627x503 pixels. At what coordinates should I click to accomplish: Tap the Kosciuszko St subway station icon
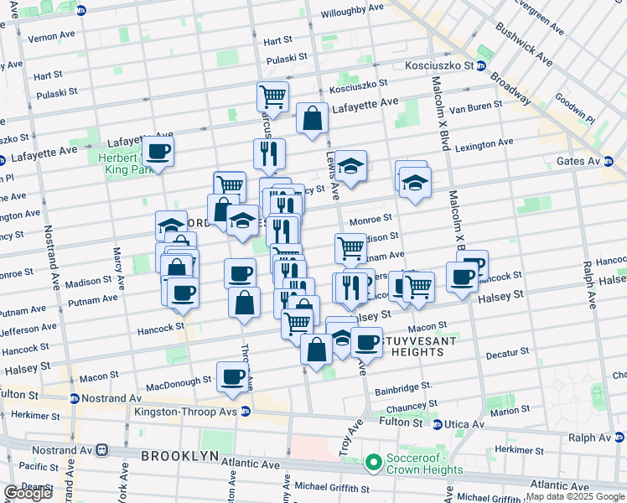(481, 65)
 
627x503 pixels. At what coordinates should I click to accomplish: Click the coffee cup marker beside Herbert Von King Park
(157, 152)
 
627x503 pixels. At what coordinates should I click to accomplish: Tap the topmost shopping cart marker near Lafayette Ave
(272, 96)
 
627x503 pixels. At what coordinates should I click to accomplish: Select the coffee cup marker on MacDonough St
(233, 376)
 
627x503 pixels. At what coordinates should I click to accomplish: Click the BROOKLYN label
(179, 456)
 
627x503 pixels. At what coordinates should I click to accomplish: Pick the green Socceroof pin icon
(374, 462)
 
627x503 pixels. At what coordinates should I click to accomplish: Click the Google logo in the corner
(27, 493)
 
